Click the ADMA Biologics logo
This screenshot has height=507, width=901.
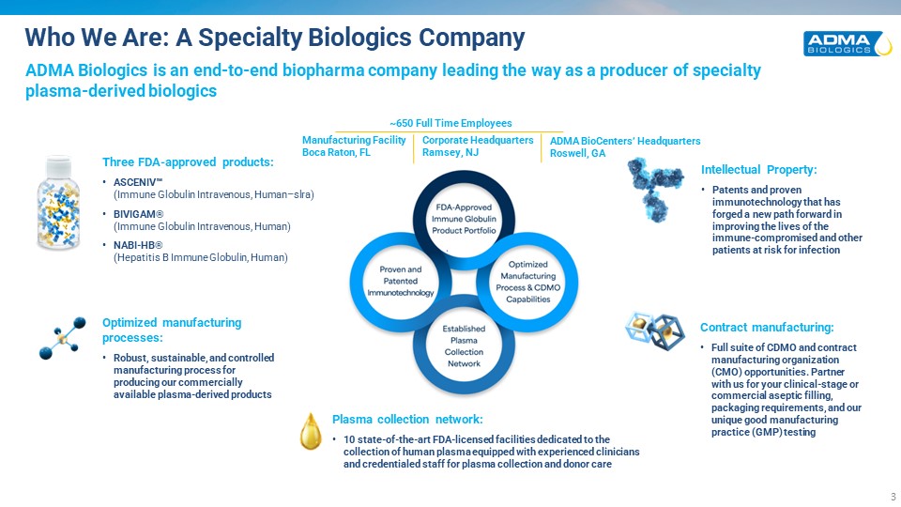pyautogui.click(x=848, y=44)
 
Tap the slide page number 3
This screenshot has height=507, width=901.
pyautogui.click(x=893, y=497)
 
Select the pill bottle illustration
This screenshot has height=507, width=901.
pyautogui.click(x=58, y=203)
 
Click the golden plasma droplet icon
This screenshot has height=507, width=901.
pyautogui.click(x=311, y=431)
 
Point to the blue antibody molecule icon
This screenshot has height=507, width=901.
pyautogui.click(x=656, y=189)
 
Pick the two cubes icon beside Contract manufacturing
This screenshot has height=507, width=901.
pyautogui.click(x=655, y=331)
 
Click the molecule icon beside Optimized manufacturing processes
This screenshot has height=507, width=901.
pyautogui.click(x=62, y=338)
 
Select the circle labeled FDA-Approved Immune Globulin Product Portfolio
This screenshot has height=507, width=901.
pyautogui.click(x=464, y=219)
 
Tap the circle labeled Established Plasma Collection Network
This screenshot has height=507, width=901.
pyautogui.click(x=464, y=346)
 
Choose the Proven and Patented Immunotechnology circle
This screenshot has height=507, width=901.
pyautogui.click(x=401, y=281)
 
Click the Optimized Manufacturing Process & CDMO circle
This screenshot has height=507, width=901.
pyautogui.click(x=528, y=282)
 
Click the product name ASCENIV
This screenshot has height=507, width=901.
pyautogui.click(x=134, y=182)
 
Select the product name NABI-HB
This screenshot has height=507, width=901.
pyautogui.click(x=138, y=245)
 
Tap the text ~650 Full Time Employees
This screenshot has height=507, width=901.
pyautogui.click(x=450, y=123)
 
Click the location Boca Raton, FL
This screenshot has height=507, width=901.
pyautogui.click(x=336, y=152)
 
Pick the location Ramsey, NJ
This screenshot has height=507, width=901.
pyautogui.click(x=450, y=152)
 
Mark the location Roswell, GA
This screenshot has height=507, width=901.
pyautogui.click(x=577, y=153)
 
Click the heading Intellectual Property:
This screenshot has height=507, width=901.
pyautogui.click(x=758, y=170)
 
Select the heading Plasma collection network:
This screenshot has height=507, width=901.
pyautogui.click(x=407, y=420)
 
